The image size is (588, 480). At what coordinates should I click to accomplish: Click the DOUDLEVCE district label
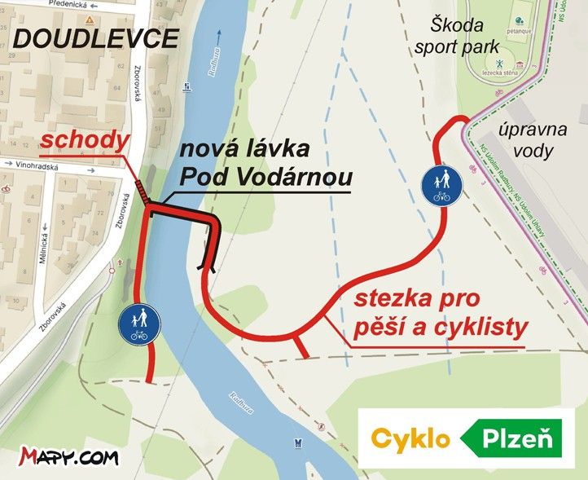pyautogui.click(x=97, y=37)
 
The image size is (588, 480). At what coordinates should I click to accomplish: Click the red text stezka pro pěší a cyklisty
pyautogui.click(x=441, y=314)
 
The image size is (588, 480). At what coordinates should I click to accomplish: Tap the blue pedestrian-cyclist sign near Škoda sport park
pyautogui.click(x=442, y=186)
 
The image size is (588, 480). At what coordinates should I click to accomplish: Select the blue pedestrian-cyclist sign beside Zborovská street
pyautogui.click(x=138, y=324)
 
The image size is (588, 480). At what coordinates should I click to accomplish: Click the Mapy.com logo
pyautogui.click(x=69, y=456)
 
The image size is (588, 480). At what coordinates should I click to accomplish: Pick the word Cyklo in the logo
pyautogui.click(x=410, y=438)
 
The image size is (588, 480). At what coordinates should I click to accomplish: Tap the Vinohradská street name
pyautogui.click(x=40, y=163)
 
